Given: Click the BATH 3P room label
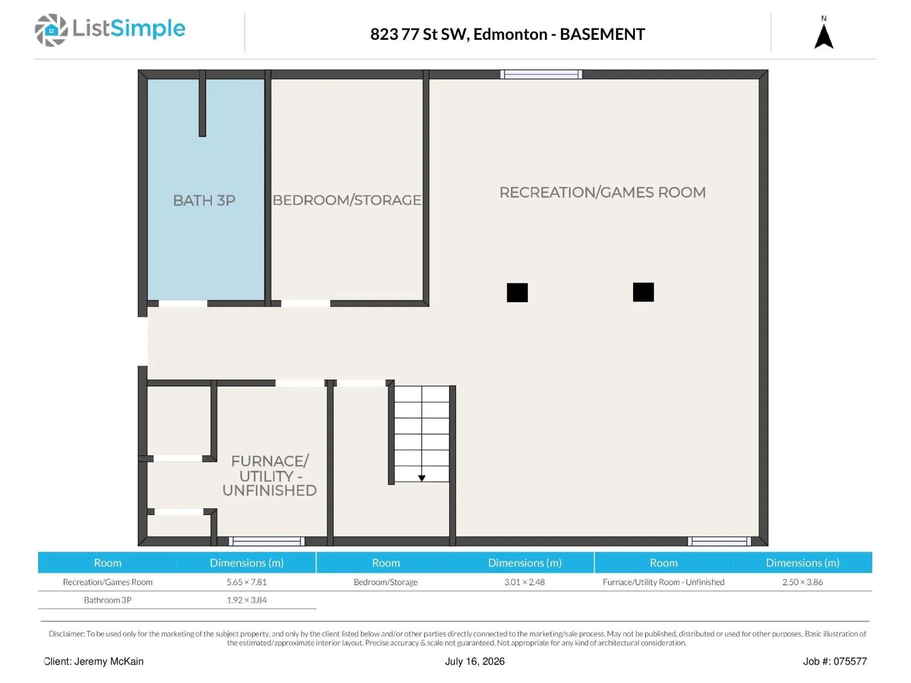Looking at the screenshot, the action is (x=204, y=200).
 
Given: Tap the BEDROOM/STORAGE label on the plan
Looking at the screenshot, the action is (x=347, y=200).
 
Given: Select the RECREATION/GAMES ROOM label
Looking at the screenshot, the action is (x=602, y=192).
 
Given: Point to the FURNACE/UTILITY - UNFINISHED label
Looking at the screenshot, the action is (x=269, y=476).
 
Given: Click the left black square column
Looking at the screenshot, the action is (x=517, y=293).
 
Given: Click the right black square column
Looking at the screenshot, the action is (x=643, y=292).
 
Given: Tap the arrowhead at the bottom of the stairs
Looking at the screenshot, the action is (x=422, y=478).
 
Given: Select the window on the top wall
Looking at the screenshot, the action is (x=541, y=74).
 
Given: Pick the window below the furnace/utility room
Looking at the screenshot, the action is (x=267, y=541).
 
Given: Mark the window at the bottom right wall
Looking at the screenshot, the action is (x=719, y=541).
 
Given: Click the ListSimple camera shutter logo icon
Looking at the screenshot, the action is (x=51, y=30).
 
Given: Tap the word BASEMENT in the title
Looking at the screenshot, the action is (x=602, y=34).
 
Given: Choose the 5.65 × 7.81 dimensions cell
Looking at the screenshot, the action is (x=247, y=582).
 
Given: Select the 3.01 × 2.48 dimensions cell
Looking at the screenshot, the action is (x=524, y=582).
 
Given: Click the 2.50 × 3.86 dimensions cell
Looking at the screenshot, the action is (x=802, y=582).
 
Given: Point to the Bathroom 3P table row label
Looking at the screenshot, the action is (x=108, y=600).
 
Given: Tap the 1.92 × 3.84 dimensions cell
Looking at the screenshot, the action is (x=247, y=600).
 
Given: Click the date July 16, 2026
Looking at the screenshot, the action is (x=475, y=661).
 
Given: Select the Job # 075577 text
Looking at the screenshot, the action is (x=835, y=661).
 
